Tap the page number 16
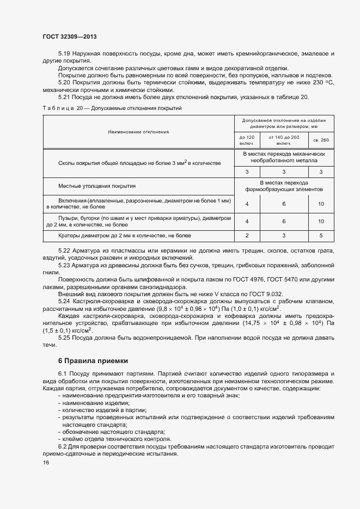46,462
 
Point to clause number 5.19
65,54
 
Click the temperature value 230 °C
324,82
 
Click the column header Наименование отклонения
139,132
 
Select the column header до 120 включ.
247,140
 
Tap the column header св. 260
321,140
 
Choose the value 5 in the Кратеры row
321,236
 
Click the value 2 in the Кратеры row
247,236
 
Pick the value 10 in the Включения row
321,204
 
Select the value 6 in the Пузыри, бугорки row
284,222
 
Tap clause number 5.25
65,338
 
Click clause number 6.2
64,446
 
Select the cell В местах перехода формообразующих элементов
284,186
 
